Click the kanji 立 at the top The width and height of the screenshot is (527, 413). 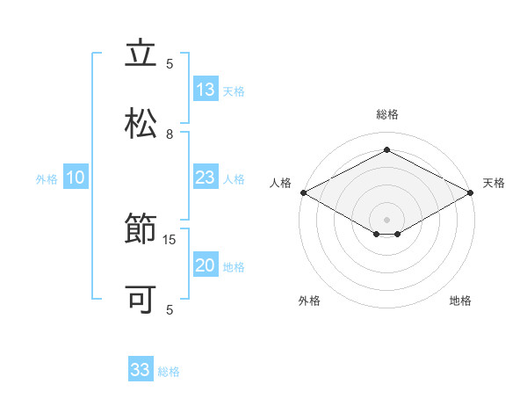141,52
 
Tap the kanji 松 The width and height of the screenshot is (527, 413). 141,123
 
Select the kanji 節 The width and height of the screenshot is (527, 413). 141,228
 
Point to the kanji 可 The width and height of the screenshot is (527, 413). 141,299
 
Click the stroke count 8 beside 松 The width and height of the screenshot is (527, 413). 170,134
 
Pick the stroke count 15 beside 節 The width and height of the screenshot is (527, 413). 169,240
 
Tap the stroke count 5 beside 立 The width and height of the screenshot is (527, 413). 170,64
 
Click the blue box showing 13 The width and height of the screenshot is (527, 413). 206,89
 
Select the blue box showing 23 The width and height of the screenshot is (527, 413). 206,177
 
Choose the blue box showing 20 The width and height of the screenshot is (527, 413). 206,264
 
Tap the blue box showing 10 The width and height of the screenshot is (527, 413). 76,177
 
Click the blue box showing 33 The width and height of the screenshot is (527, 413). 141,368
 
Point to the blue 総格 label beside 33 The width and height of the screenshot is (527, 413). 169,372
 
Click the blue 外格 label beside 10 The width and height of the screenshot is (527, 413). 47,179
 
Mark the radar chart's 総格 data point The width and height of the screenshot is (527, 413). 386,149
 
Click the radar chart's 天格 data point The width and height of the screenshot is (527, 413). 471,192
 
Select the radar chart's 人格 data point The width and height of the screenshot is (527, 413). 304,192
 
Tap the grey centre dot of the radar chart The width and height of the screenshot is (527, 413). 386,220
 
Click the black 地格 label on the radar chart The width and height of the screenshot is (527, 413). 460,301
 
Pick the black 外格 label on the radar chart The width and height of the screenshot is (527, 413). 309,301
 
